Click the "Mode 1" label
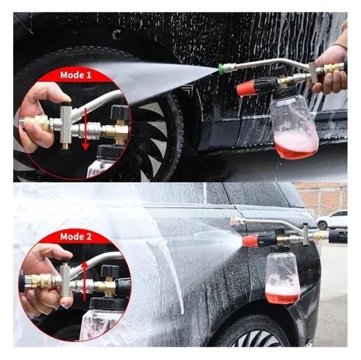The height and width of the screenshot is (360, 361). [76, 75]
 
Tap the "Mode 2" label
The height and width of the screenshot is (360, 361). [76, 237]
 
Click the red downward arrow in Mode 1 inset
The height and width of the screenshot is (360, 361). [85, 128]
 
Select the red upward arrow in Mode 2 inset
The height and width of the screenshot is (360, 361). [85, 281]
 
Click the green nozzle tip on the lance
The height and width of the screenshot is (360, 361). [220, 66]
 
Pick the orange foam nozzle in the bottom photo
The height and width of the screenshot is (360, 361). [250, 241]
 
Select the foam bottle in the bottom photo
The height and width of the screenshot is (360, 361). [282, 278]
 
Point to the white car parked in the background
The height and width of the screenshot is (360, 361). [332, 220]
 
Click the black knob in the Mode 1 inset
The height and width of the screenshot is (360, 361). [120, 112]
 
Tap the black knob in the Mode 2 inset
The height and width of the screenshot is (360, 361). [111, 271]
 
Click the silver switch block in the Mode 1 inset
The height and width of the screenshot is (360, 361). [66, 125]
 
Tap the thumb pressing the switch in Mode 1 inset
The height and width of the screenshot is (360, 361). [57, 94]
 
